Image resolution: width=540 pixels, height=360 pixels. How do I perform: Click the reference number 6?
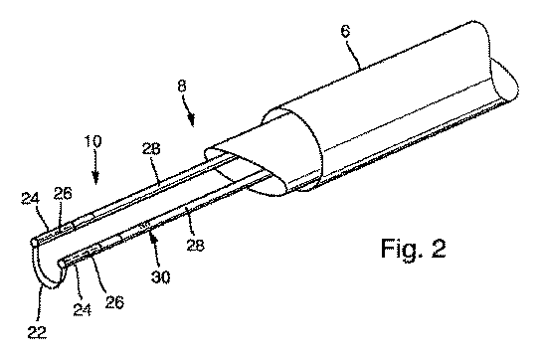pos(345,31)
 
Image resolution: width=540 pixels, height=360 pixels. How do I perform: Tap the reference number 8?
pos(182,86)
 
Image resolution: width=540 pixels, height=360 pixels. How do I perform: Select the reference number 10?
pos(93,141)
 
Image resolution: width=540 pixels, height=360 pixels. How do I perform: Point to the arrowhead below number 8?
pos(191,120)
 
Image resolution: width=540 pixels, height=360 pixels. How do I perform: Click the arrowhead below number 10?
pos(95,178)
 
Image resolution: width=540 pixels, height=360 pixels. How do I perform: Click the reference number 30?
pos(161,276)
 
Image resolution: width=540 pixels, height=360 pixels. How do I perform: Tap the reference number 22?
pos(37,332)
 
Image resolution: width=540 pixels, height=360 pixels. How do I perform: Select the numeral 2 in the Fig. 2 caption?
pos(439,248)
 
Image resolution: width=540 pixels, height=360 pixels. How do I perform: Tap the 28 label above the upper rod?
pos(151,149)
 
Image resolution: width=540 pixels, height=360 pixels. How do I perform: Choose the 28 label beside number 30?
pos(196,245)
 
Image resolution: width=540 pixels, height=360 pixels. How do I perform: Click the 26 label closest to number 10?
pos(63,193)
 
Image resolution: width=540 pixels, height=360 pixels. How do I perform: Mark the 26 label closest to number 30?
pos(114,302)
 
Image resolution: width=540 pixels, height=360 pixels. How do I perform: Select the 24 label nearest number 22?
pos(83,309)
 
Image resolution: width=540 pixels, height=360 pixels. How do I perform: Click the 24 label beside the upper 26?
pos(31,199)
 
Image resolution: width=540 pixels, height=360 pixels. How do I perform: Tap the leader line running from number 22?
pos(39,304)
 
